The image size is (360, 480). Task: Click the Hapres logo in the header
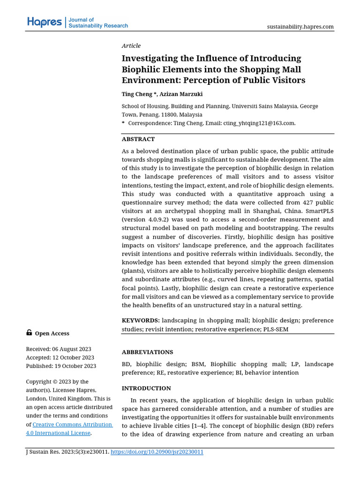pyautogui.click(x=44, y=22)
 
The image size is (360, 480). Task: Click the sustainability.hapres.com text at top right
pyautogui.click(x=300, y=27)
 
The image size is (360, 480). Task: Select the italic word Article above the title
pyautogui.click(x=131, y=45)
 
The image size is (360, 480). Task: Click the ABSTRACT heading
pyautogui.click(x=138, y=139)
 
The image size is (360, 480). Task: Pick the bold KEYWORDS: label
pyautogui.click(x=141, y=321)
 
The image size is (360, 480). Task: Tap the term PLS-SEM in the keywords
pyautogui.click(x=275, y=329)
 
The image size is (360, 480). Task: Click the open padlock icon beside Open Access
pyautogui.click(x=29, y=333)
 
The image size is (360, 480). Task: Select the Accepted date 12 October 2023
pyautogui.click(x=74, y=358)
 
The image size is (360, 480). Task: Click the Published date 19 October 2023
pyautogui.click(x=75, y=366)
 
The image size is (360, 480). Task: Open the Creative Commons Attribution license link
pyautogui.click(x=72, y=425)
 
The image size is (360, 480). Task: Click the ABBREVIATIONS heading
pyautogui.click(x=147, y=352)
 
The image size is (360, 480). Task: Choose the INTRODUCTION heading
pyautogui.click(x=146, y=389)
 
